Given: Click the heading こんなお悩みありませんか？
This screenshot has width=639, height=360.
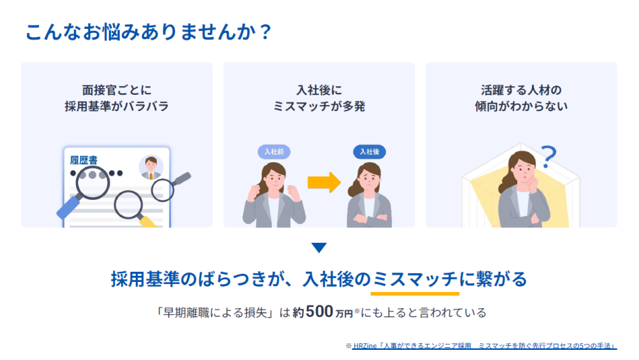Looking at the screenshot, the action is point(149,32).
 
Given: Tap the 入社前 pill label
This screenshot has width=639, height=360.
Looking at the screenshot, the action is point(274,151).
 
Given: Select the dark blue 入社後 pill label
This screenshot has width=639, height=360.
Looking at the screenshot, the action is point(369,151).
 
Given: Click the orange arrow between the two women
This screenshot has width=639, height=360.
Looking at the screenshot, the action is point(324,182).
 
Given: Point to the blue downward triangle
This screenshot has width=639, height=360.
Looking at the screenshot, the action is point(319,248).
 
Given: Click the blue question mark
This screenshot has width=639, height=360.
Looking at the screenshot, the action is point(549,157).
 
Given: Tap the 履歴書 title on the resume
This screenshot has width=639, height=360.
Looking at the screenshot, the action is point(83,160).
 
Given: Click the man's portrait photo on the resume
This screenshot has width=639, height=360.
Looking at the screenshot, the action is point(151,167).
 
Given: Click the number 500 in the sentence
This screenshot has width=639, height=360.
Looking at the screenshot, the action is point(319,312).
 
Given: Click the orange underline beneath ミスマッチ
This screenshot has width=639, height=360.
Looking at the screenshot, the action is point(415,293).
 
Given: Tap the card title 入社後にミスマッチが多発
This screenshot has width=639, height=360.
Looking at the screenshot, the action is point(319,98).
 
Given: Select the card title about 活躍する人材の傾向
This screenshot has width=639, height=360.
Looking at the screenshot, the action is point(521,98).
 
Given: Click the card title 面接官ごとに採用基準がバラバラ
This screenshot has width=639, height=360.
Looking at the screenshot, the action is point(116,98).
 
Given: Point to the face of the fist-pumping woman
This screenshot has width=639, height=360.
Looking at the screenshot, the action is point(274,179).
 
